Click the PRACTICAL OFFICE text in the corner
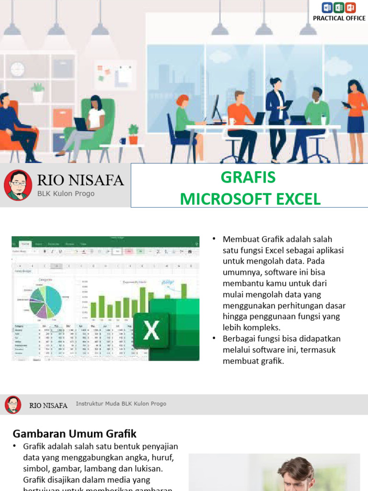coord(339,18)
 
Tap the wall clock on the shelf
coord(17,69)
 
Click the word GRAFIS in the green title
coord(248,177)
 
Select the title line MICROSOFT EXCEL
coord(250,199)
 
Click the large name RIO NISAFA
coord(80,181)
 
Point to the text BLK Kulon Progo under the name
coord(66,194)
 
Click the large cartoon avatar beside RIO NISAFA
coord(18,185)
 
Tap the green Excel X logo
coord(151,330)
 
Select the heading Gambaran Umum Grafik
coord(74,434)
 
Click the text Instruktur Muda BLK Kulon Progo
coord(121,404)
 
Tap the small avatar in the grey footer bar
coord(13,405)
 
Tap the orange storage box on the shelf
coord(62,118)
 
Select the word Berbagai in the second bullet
coord(238,339)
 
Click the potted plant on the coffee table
coord(133,134)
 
